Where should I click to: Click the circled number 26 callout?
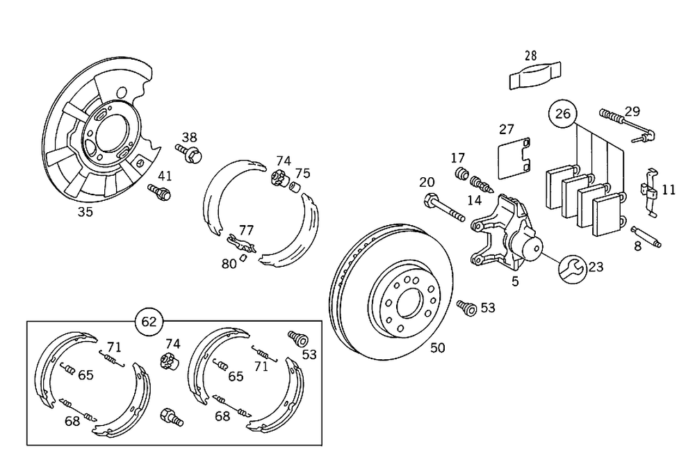tap(563, 113)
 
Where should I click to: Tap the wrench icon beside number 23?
tap(571, 267)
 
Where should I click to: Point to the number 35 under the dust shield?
tap(85, 212)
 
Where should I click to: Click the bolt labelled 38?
tap(190, 154)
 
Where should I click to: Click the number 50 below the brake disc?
tap(437, 348)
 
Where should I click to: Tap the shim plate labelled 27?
tap(514, 158)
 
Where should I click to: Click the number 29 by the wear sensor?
tap(632, 111)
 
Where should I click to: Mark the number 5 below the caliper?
tap(515, 281)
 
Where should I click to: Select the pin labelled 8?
tap(646, 236)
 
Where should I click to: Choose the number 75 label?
tap(302, 173)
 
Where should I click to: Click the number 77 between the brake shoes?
tap(246, 229)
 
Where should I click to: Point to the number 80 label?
tap(229, 263)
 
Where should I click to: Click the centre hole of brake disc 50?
tap(405, 302)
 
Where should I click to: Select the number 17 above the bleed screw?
tap(457, 158)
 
